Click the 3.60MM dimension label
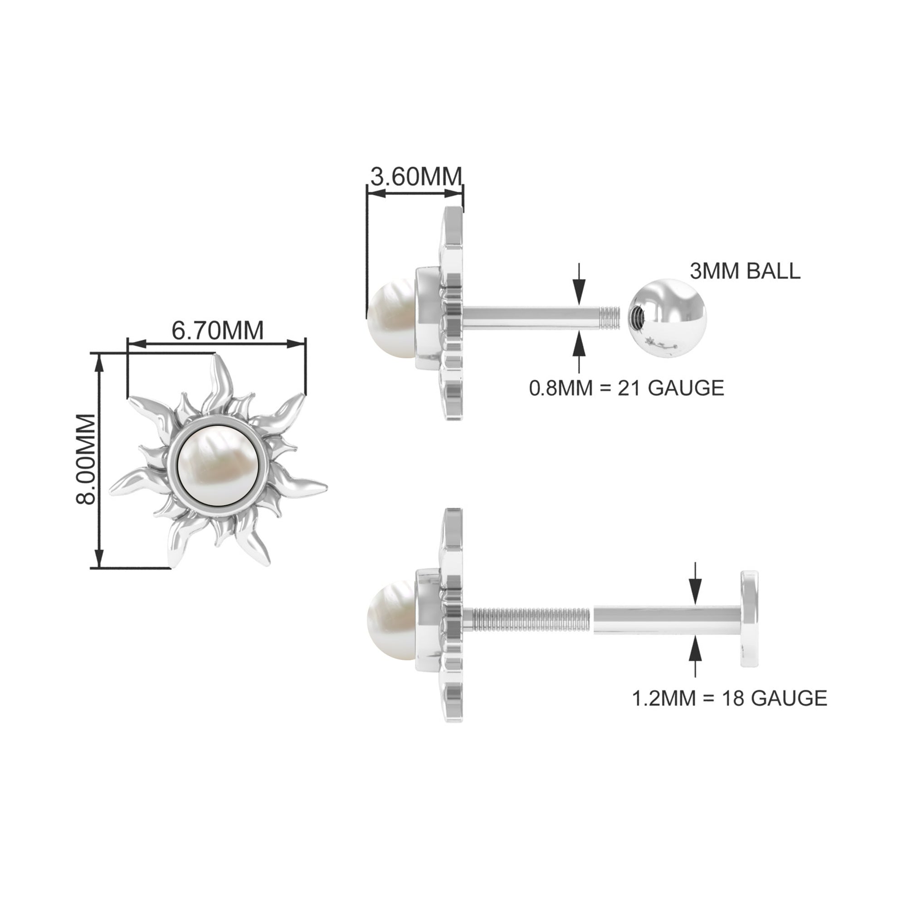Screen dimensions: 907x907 click(x=416, y=177)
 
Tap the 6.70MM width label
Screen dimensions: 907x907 click(x=217, y=331)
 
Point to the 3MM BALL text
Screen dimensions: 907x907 click(x=745, y=271)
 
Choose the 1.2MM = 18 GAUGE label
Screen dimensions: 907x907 click(x=730, y=698)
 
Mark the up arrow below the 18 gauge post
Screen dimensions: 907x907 click(x=695, y=654)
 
